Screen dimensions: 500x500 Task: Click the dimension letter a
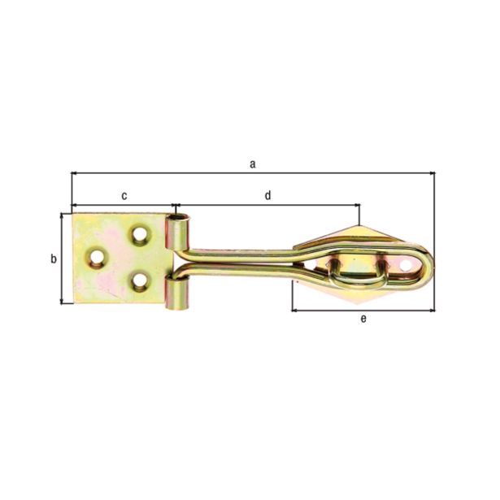[x=253, y=163]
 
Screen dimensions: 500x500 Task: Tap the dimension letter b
[x=53, y=259]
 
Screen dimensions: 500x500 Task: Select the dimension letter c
[x=124, y=195]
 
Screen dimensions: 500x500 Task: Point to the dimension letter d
[x=267, y=195]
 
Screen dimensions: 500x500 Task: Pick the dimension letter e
[x=363, y=318]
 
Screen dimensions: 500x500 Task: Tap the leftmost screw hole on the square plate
[x=98, y=259]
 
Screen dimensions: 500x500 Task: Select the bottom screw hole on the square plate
[x=140, y=281]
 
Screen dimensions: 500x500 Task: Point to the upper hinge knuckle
[x=178, y=232]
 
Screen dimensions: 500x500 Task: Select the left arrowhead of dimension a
[x=76, y=173]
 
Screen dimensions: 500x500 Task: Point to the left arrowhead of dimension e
[x=295, y=310]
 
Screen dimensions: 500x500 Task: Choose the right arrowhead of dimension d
[x=355, y=205]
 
